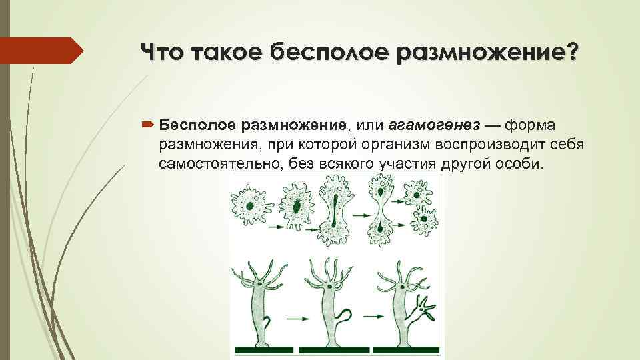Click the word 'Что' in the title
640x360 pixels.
tap(161, 51)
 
